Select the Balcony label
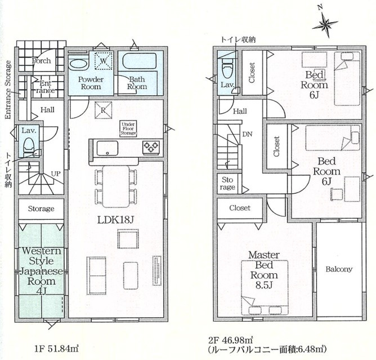pyautogui.click(x=339, y=269)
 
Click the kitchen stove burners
pyautogui.click(x=151, y=148)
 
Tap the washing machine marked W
pyautogui.click(x=103, y=59)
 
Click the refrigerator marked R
pyautogui.click(x=103, y=109)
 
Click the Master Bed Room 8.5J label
pyautogui.click(x=263, y=270)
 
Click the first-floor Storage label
pyautogui.click(x=41, y=209)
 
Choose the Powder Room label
pyautogui.click(x=89, y=83)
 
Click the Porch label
pyautogui.click(x=41, y=60)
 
